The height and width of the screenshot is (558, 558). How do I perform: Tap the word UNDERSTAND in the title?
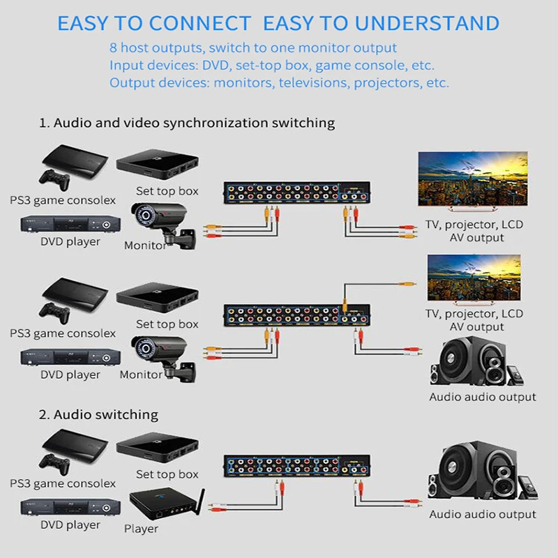pos(427,23)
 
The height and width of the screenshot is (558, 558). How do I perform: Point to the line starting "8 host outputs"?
pos(252,48)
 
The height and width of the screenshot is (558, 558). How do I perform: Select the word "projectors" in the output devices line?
pos(386,82)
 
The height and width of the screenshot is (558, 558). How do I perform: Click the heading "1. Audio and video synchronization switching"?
pos(187,123)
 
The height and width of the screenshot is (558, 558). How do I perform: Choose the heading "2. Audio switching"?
pos(98,414)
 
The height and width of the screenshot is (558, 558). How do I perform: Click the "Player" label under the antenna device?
pos(142,529)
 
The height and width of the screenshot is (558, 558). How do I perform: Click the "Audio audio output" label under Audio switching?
pos(483,515)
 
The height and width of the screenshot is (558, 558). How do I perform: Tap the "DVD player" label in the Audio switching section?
pos(70,525)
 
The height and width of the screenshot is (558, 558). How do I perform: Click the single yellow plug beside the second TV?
pos(404,284)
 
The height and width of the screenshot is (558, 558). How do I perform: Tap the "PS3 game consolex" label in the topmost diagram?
pos(63,200)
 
